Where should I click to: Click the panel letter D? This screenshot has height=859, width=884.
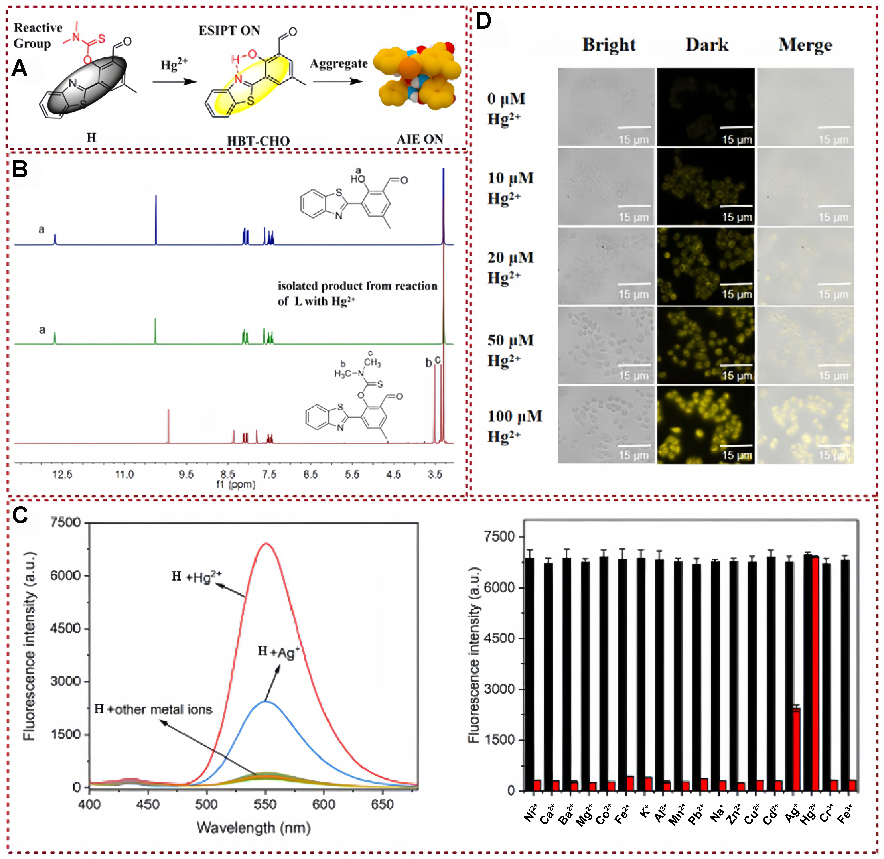483,21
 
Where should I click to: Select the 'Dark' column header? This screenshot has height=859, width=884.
707,45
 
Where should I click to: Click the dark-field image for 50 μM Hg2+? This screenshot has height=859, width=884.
705,345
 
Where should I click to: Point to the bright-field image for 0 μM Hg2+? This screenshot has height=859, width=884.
606,107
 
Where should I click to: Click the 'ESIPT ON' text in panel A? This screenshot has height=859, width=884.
229,31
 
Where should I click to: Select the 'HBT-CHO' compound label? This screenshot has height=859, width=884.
258,141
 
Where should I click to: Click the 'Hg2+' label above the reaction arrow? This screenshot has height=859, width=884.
174,65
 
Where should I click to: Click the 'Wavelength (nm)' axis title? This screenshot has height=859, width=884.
254,827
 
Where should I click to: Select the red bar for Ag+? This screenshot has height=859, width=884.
796,749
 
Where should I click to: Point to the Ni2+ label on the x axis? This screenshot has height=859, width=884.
531,812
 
